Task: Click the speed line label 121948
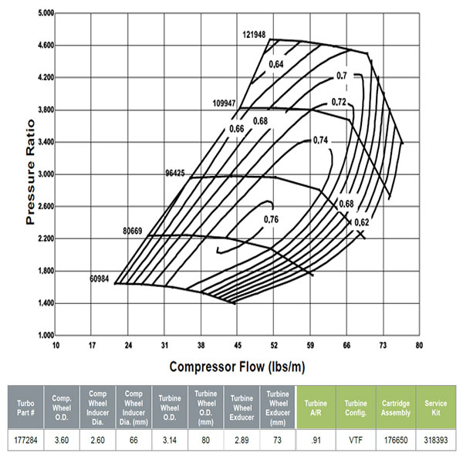click(255, 35)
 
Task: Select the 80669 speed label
click(135, 231)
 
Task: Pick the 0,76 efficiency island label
click(272, 220)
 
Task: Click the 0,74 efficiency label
click(322, 140)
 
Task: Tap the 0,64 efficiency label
click(276, 63)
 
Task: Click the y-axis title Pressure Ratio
click(31, 171)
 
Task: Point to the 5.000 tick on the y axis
click(44, 13)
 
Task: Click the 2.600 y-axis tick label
click(44, 207)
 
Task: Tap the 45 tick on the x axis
click(237, 345)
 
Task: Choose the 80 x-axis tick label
click(419, 345)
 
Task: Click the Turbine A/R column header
click(316, 404)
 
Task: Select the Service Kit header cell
click(436, 404)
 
